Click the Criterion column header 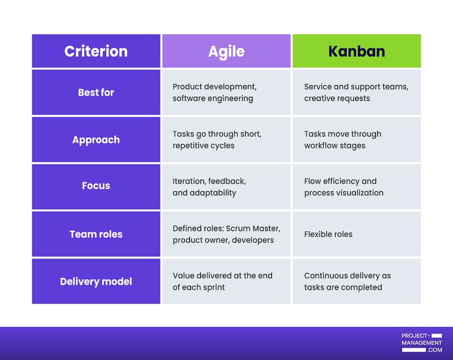click(x=96, y=51)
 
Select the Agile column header click(x=226, y=51)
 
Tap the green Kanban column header click(x=356, y=51)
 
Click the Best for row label click(x=96, y=93)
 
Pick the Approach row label click(x=96, y=140)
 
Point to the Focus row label click(x=96, y=186)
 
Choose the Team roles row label click(x=96, y=234)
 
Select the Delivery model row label click(x=96, y=282)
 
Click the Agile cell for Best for click(x=226, y=93)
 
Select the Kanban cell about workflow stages click(x=356, y=140)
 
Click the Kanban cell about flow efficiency click(x=356, y=187)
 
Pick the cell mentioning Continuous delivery click(x=356, y=282)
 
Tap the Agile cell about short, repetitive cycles click(x=226, y=140)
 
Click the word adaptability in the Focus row click(x=213, y=193)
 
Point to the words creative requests click(x=337, y=99)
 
